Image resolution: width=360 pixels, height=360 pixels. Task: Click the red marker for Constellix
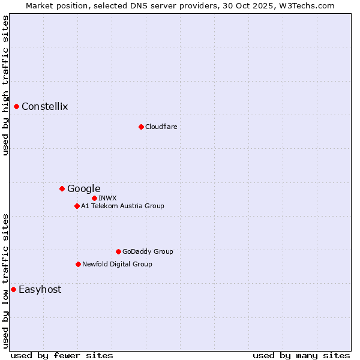[x=17, y=107]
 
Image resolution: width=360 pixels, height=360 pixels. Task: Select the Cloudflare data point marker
[x=141, y=127]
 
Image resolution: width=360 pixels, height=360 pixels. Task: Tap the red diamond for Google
[x=62, y=189]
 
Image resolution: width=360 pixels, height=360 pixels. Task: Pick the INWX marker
[x=94, y=198]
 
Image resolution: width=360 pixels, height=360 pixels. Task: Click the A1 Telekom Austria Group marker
[x=77, y=206]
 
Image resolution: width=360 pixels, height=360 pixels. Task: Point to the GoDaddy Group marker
[x=118, y=252]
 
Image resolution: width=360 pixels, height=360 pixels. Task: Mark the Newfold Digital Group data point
[x=78, y=264]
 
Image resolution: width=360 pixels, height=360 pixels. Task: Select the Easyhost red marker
[x=13, y=290]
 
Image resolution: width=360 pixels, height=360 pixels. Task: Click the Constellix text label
[x=45, y=107]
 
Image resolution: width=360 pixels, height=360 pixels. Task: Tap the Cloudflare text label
[x=161, y=127]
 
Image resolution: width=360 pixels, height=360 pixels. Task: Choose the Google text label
[x=83, y=189]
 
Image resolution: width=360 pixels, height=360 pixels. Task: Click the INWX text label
[x=107, y=198]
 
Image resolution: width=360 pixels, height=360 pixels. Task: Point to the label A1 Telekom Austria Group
[x=122, y=206]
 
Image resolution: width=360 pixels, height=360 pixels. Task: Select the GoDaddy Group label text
[x=148, y=252]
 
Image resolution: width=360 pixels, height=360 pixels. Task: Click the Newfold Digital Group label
[x=117, y=264]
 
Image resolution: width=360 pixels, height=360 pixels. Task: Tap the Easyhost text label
[x=40, y=290]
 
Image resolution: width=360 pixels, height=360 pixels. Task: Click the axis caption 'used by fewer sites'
[x=62, y=355]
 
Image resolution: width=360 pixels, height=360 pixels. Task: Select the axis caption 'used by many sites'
[x=301, y=355]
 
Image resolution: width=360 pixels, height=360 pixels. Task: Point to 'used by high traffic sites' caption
[x=5, y=85]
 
